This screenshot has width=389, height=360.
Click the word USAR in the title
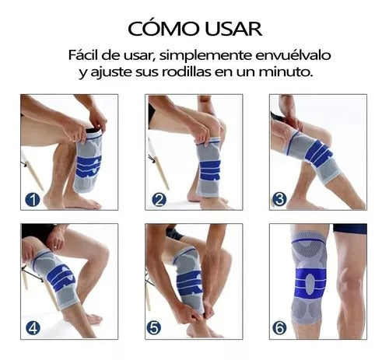tap(233, 29)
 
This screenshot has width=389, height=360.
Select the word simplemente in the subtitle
tap(205, 56)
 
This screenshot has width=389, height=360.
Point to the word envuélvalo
tap(293, 55)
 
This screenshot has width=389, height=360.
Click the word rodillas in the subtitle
tap(186, 72)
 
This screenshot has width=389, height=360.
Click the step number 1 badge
tap(33, 200)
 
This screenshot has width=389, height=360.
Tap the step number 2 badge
tap(159, 200)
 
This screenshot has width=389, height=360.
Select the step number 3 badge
tap(279, 200)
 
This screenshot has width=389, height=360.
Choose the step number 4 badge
tap(33, 329)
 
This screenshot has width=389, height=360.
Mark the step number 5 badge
tap(153, 327)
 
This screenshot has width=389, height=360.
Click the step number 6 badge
tap(279, 327)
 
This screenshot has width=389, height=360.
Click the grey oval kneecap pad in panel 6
tap(310, 284)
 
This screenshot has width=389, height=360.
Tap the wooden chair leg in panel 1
tap(33, 172)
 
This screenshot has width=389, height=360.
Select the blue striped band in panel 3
tap(318, 153)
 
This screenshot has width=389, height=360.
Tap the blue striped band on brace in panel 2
tap(210, 170)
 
